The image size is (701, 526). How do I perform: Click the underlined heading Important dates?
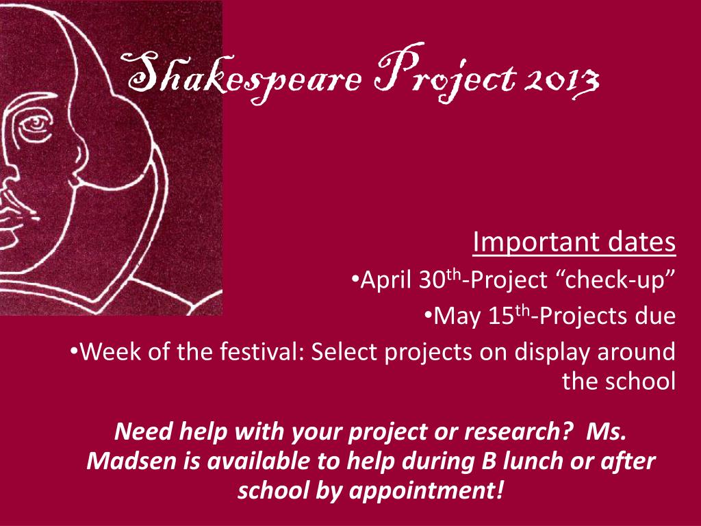574,242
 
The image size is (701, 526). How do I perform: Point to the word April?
386,280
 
